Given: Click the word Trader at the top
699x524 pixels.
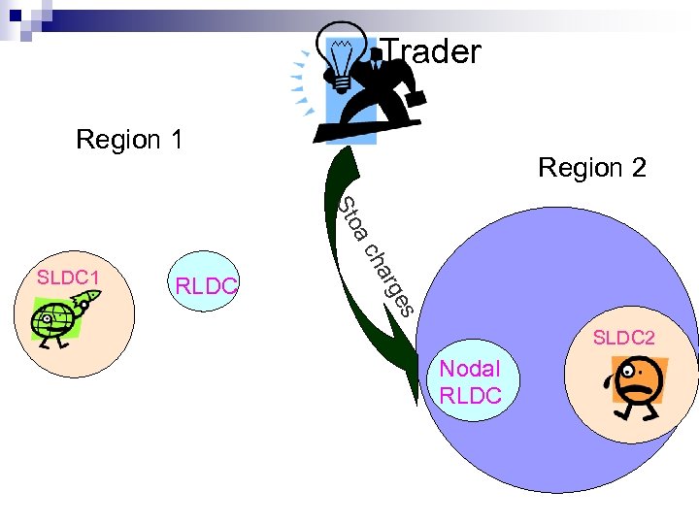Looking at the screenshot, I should pyautogui.click(x=431, y=51).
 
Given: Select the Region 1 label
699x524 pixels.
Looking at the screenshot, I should pyautogui.click(x=129, y=140).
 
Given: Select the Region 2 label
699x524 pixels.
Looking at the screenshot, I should pyautogui.click(x=592, y=168).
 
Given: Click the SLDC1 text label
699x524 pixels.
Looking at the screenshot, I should pyautogui.click(x=68, y=278).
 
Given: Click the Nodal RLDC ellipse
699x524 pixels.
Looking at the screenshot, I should pyautogui.click(x=471, y=381).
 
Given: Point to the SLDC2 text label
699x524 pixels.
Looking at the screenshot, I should pyautogui.click(x=624, y=338).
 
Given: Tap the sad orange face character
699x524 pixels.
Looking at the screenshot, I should pyautogui.click(x=635, y=386).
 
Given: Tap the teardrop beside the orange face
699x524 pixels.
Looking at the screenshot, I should pyautogui.click(x=609, y=381).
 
